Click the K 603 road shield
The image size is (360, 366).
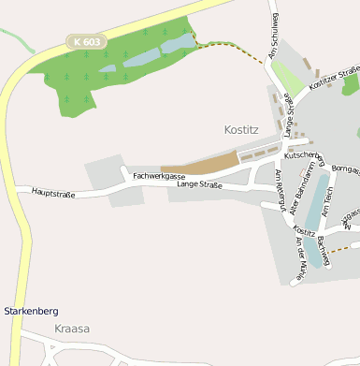(86, 42)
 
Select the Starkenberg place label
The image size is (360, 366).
(31, 310)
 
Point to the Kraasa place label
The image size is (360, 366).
(71, 329)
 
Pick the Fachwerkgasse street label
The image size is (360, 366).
(159, 176)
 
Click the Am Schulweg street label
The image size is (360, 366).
(274, 37)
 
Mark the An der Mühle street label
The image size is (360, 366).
(300, 259)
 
